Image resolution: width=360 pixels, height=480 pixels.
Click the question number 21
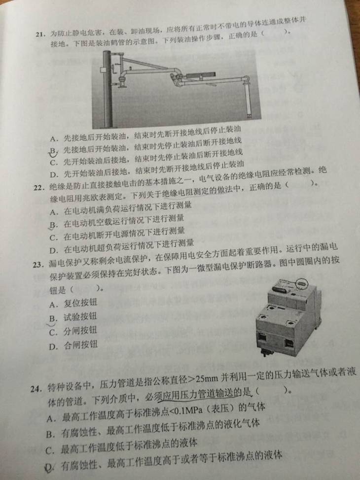[x=41, y=34]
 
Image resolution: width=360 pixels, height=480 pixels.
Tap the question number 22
[x=39, y=187]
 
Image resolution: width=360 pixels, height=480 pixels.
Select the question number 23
[x=38, y=265]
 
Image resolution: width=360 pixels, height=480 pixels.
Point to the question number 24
[x=36, y=389]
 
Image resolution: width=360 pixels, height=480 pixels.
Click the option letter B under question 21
[x=53, y=151]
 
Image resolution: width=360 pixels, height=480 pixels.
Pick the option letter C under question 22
[x=53, y=238]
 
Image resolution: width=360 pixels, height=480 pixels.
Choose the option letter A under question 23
[x=53, y=305]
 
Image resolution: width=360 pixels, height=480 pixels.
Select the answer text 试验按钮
[x=80, y=317]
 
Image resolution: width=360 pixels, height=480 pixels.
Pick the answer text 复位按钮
[x=80, y=303]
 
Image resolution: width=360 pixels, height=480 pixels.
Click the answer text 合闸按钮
[x=80, y=345]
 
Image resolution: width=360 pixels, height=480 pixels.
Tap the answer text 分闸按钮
[x=80, y=331]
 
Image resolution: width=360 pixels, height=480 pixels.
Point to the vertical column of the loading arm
[x=107, y=89]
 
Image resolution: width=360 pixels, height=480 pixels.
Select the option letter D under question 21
[x=54, y=175]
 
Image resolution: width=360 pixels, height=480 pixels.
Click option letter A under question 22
[x=54, y=212]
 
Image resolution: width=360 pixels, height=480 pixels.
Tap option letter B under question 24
[x=50, y=434]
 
